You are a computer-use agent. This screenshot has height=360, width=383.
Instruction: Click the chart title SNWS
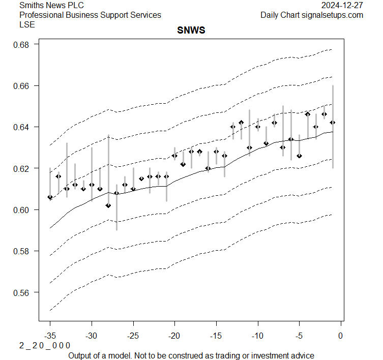coord(191,31)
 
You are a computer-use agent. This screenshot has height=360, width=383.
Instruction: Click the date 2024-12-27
coord(342,6)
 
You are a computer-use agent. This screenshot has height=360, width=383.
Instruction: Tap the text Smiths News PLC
coord(51,6)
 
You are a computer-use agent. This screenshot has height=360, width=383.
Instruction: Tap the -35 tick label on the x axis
coord(50,336)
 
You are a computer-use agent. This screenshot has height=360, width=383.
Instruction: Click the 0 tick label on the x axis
coord(340,336)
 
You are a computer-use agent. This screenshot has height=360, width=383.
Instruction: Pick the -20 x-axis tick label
coord(174,336)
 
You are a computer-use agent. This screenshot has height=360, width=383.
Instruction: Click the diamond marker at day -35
coord(50,197)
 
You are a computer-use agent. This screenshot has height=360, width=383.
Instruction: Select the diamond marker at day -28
coord(108,205)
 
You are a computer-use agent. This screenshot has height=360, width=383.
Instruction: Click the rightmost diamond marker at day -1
coord(333,123)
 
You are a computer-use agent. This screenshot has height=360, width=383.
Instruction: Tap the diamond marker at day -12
coord(241,123)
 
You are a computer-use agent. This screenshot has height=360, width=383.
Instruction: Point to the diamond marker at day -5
coord(299,156)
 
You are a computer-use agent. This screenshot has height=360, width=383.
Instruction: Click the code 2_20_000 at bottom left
coord(45,346)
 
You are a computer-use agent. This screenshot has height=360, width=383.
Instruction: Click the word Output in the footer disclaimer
coord(80,355)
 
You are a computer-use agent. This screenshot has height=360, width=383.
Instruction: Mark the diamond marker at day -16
coord(208,168)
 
